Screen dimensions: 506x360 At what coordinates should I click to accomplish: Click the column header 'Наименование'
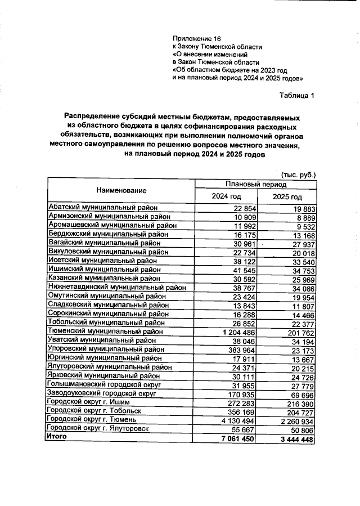120,191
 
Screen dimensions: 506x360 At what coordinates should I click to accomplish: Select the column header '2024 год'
226,196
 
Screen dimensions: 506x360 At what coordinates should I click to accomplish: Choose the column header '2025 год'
287,197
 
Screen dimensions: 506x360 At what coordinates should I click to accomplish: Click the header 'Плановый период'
256,184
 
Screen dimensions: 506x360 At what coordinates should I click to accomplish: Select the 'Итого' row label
57,436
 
